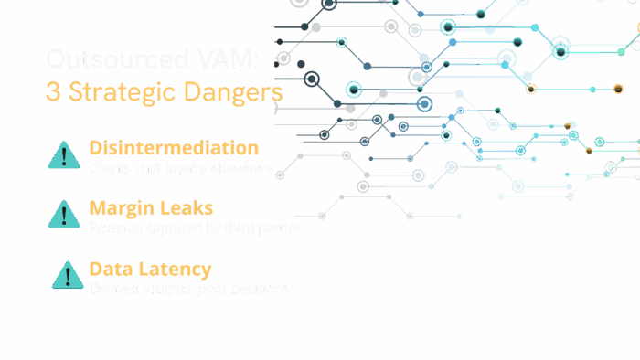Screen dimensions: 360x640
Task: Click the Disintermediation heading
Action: tap(174, 148)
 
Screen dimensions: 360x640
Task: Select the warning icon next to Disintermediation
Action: tap(64, 155)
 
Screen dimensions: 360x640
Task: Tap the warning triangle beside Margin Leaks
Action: tap(64, 215)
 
